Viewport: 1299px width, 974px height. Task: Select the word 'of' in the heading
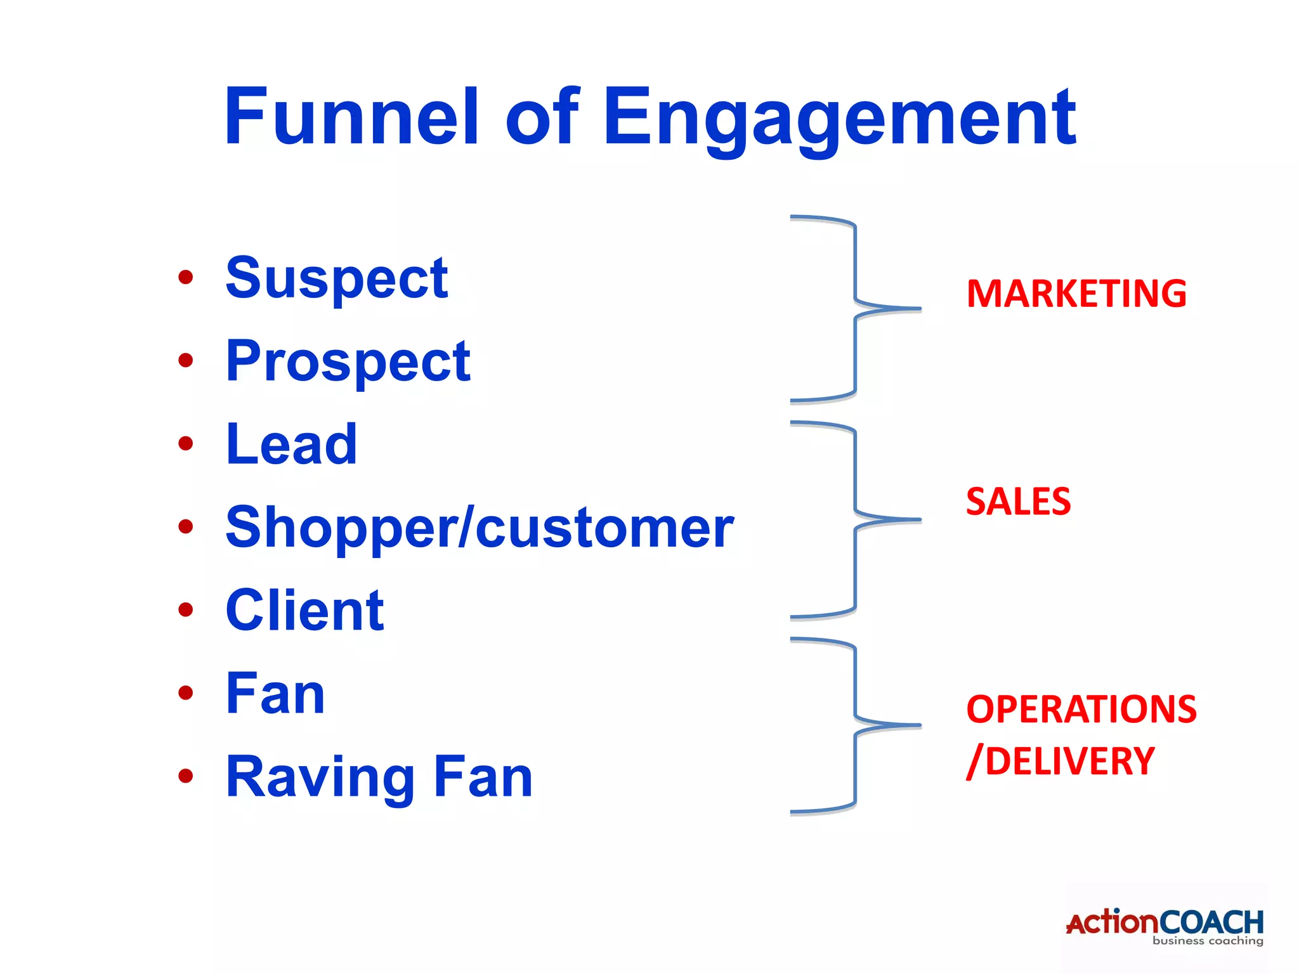tap(542, 117)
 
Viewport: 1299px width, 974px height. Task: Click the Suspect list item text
tap(336, 279)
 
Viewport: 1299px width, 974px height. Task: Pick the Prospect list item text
tap(348, 362)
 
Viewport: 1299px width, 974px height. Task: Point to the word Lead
tap(291, 445)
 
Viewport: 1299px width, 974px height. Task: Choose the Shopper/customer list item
tap(480, 528)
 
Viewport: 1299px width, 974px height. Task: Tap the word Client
tap(304, 611)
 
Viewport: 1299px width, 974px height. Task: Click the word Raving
tap(320, 778)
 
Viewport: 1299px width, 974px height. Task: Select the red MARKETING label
tap(1076, 294)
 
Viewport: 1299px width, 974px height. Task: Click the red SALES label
tap(1018, 502)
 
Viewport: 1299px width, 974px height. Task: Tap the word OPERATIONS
tap(1081, 709)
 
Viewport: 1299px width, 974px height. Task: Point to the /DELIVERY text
tap(1060, 761)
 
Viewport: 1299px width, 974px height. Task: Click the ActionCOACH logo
tap(1165, 926)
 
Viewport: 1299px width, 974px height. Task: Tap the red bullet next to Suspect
tap(185, 277)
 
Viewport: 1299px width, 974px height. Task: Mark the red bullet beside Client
tap(185, 610)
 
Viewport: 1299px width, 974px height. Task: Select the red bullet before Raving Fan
tap(185, 776)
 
